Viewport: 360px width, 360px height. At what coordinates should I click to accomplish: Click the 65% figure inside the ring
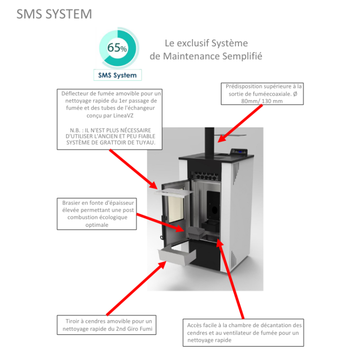pyautogui.click(x=117, y=48)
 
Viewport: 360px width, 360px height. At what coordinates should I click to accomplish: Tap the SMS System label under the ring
pyautogui.click(x=117, y=75)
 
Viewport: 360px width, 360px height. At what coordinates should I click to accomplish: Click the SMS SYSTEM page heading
pyautogui.click(x=54, y=14)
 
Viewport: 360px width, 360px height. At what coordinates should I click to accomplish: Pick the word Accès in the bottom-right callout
pyautogui.click(x=195, y=325)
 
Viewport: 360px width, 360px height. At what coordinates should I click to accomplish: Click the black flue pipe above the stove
pyautogui.click(x=209, y=140)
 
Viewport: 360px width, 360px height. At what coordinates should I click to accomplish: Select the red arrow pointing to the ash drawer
pyautogui.click(x=135, y=287)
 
